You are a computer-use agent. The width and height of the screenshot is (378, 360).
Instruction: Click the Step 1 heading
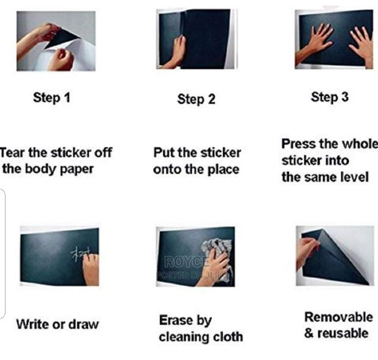click(52, 97)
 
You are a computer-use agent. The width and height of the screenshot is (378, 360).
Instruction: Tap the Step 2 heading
click(196, 99)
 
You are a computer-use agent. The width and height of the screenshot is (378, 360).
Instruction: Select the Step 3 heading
click(330, 97)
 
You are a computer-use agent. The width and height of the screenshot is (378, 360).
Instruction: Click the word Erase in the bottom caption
click(177, 320)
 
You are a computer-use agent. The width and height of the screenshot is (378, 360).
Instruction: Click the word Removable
click(338, 317)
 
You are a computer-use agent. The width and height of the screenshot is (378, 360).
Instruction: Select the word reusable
click(344, 333)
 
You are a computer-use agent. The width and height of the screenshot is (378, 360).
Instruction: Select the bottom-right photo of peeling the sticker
click(335, 255)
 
